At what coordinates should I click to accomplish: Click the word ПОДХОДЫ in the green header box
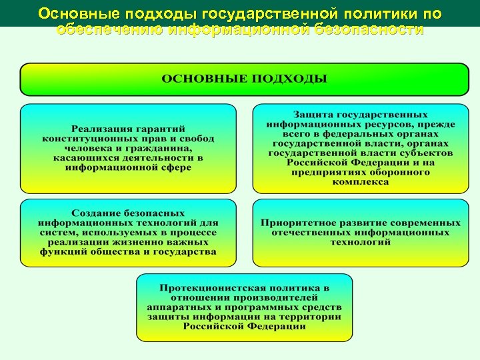pyautogui.click(x=289, y=79)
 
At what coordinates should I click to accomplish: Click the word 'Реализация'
pyautogui.click(x=104, y=129)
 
